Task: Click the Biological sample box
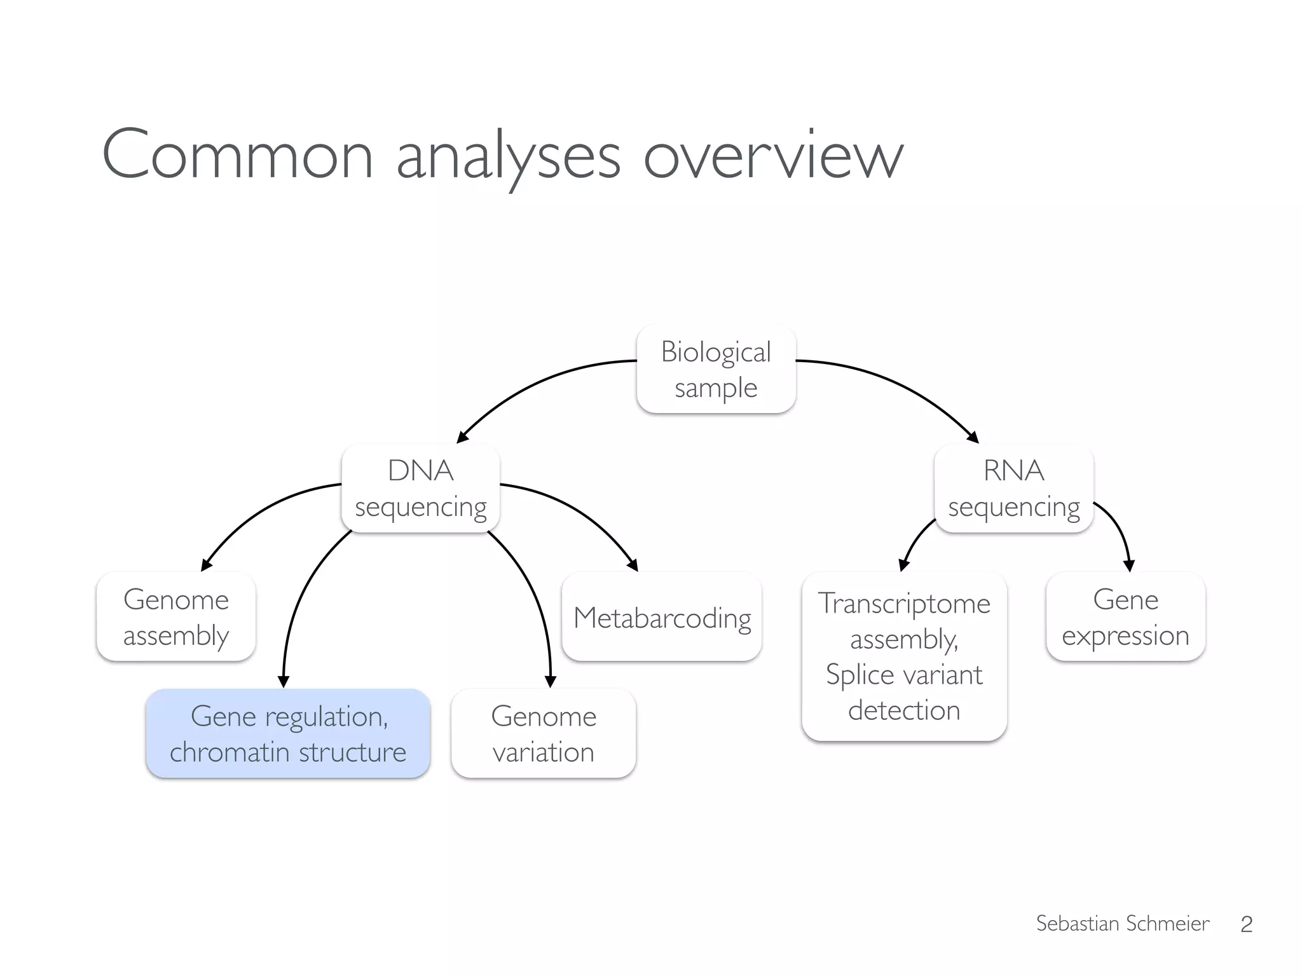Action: pyautogui.click(x=716, y=369)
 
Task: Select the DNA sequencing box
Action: pyautogui.click(x=420, y=489)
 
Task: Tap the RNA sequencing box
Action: pyautogui.click(x=1013, y=489)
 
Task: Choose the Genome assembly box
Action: pyautogui.click(x=176, y=617)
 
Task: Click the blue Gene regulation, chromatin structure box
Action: pyautogui.click(x=288, y=733)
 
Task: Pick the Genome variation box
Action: pyautogui.click(x=544, y=733)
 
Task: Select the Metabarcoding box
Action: pyautogui.click(x=662, y=617)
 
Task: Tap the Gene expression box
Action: pyautogui.click(x=1125, y=617)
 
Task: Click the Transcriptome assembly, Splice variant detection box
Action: pyautogui.click(x=904, y=656)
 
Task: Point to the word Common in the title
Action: pyautogui.click(x=237, y=156)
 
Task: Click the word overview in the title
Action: pyautogui.click(x=773, y=156)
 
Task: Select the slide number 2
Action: pyautogui.click(x=1246, y=924)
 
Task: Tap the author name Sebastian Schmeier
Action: pyautogui.click(x=1123, y=923)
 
